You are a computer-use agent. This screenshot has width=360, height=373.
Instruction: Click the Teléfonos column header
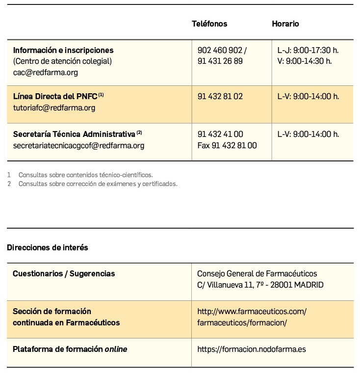point(209,24)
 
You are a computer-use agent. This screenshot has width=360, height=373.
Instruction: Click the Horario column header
point(285,24)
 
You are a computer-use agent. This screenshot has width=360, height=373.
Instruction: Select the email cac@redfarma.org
point(45,72)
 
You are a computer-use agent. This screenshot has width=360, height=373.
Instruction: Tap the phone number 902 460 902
point(220,50)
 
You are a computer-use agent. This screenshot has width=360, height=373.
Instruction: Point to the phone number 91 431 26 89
point(220,61)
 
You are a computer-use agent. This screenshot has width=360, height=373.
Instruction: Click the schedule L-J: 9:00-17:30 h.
point(308,50)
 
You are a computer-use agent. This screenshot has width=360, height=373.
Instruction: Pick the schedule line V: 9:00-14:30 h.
point(305,61)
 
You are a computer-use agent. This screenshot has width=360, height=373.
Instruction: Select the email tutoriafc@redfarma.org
point(54,107)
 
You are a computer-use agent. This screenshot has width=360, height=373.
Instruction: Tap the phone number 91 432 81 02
point(220,97)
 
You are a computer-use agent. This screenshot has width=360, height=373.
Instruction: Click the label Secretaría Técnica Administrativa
point(74,134)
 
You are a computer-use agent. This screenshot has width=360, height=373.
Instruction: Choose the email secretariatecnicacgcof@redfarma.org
point(78,145)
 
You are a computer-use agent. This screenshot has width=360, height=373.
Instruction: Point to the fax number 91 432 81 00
point(227,145)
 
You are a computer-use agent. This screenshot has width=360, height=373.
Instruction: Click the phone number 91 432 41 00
point(220,134)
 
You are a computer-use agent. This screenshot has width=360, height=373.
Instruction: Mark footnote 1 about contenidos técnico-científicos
point(85,175)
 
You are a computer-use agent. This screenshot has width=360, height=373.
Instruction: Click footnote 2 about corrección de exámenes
point(98,184)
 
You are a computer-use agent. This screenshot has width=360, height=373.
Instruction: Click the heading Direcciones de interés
point(48,247)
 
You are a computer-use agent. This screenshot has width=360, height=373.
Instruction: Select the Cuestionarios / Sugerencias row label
point(64,273)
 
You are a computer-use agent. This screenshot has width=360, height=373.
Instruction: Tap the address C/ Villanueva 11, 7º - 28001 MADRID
point(260,285)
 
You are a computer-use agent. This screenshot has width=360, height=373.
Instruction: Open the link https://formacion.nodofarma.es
point(251,349)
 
